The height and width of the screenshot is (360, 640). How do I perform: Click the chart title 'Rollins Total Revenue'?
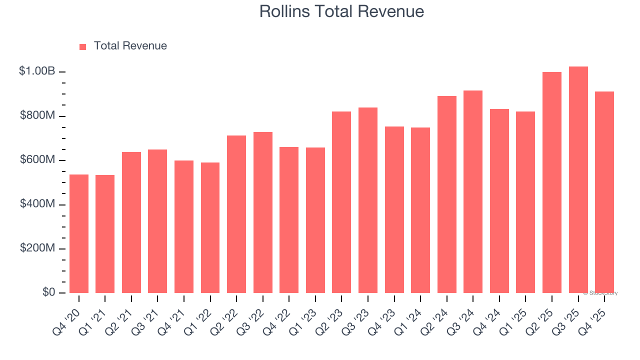(341, 11)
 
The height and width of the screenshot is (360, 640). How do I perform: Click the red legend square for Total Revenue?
(82, 46)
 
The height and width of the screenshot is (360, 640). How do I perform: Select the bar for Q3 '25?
(578, 180)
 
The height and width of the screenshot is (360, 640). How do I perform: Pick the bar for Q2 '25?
(552, 182)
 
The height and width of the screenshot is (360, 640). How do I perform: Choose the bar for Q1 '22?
(210, 227)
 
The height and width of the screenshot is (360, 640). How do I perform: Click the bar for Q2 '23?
(341, 202)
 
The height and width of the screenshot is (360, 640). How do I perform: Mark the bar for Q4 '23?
(394, 209)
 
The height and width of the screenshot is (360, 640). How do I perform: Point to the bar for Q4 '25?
(604, 192)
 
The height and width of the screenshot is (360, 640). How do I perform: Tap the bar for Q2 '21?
(131, 222)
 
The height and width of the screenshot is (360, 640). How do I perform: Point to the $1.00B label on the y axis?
(36, 71)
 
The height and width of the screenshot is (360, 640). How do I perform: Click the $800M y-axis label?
(37, 115)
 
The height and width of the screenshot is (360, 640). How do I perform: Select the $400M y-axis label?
(37, 204)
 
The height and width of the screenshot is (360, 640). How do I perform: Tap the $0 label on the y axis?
(48, 292)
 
